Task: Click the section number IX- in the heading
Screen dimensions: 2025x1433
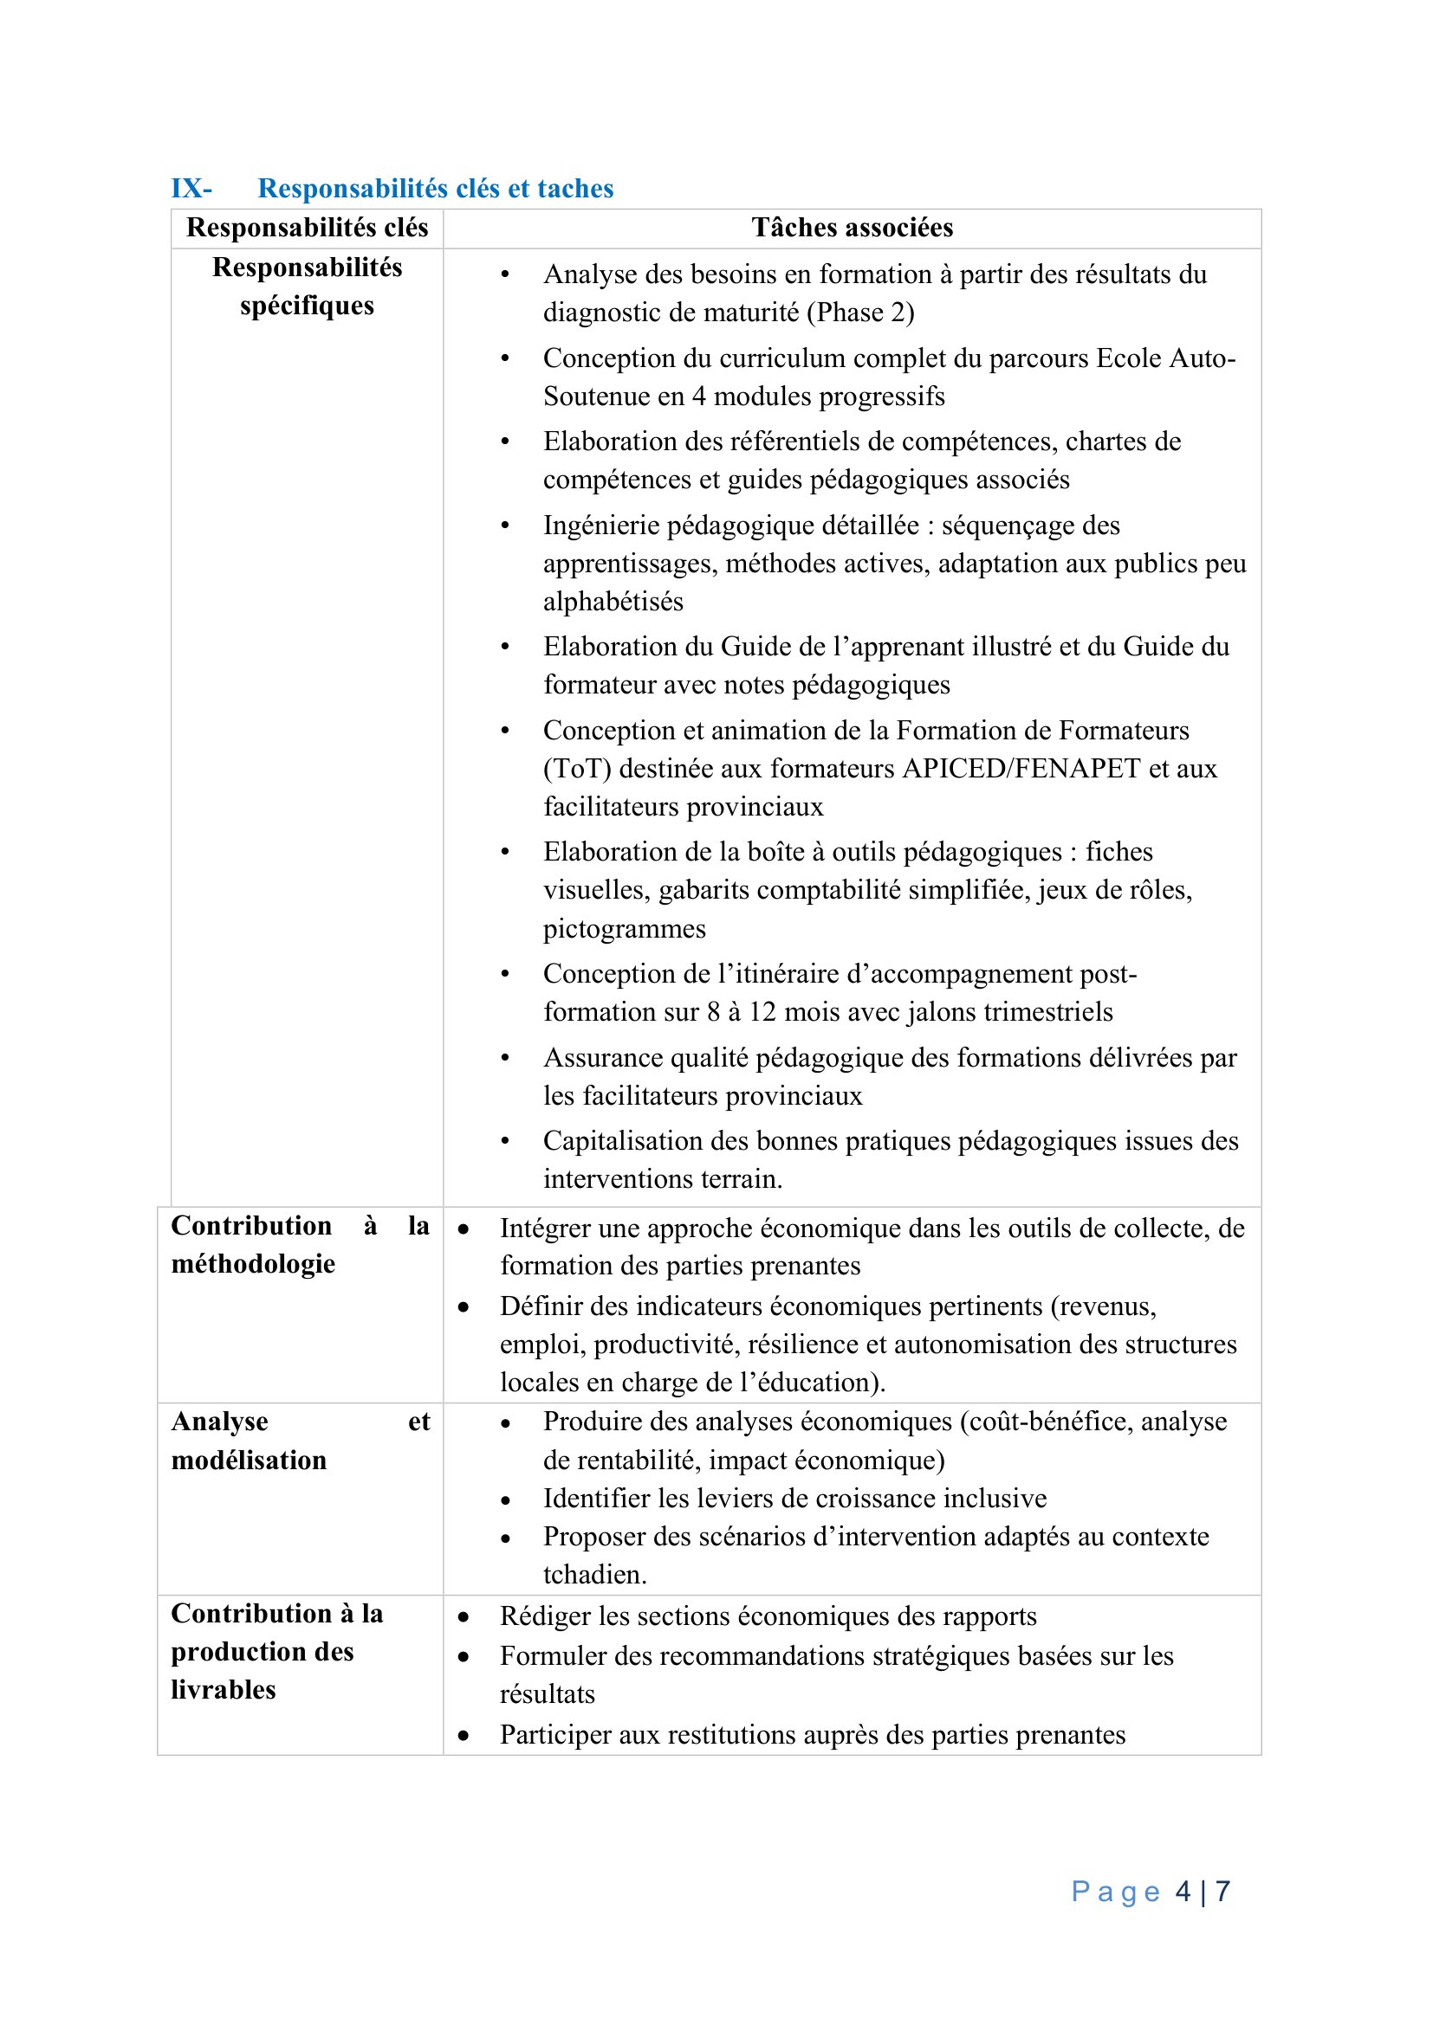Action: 191,189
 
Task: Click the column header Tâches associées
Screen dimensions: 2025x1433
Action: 852,228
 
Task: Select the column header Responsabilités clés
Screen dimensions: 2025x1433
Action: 307,228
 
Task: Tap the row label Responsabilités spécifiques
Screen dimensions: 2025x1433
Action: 307,286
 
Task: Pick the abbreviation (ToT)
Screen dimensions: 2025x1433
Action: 577,768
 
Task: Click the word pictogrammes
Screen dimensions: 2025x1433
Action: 624,929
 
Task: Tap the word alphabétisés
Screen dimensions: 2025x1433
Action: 613,602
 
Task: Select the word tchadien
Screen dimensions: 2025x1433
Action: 593,1574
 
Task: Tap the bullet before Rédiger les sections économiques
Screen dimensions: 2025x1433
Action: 464,1617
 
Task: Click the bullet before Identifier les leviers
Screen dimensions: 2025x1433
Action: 506,1500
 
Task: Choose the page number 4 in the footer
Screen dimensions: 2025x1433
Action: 1183,1891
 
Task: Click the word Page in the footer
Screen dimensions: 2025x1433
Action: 1115,1891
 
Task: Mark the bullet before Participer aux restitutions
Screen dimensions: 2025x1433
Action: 464,1736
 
